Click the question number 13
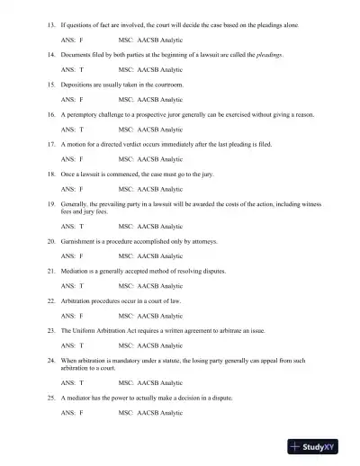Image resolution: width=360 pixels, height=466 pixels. [50, 16]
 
